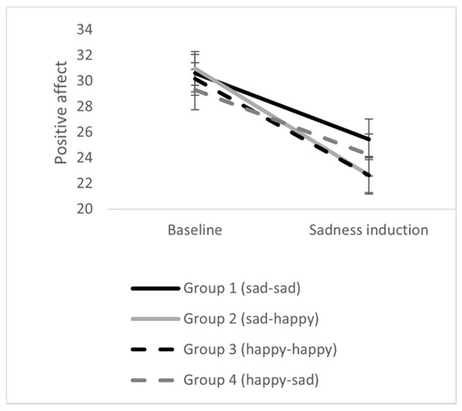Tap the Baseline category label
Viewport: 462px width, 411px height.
pos(194,229)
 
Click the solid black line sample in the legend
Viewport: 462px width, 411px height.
pos(155,287)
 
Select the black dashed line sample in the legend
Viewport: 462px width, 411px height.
pos(155,348)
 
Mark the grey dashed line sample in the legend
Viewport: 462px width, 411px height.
pos(155,378)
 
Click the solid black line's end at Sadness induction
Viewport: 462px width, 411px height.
pos(370,140)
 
